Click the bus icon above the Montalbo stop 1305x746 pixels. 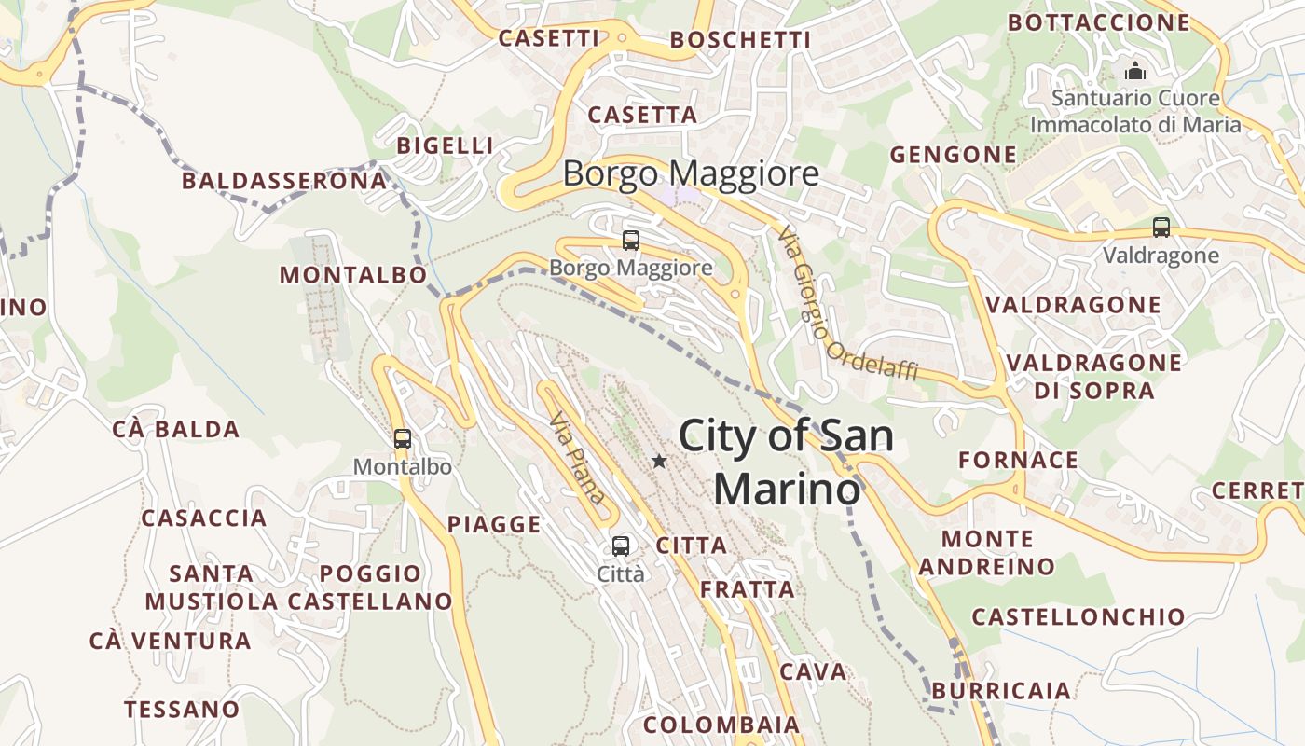(x=402, y=438)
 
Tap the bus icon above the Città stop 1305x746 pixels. (x=621, y=546)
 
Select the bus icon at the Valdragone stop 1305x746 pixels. (x=1161, y=227)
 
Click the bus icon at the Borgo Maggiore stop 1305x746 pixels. (x=631, y=241)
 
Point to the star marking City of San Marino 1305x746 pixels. (x=659, y=461)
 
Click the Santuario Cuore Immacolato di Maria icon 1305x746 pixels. (x=1134, y=71)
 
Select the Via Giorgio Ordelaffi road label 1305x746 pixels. (x=846, y=303)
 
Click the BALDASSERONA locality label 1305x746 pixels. (x=284, y=181)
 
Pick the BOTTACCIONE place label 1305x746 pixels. (x=1099, y=22)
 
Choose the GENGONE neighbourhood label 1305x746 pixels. (x=953, y=155)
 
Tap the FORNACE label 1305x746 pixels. (x=1018, y=460)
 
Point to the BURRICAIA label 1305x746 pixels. (x=1001, y=691)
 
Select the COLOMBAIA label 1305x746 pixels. (x=721, y=725)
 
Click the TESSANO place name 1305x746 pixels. (x=182, y=709)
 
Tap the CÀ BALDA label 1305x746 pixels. (x=176, y=429)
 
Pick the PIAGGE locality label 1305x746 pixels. (x=494, y=524)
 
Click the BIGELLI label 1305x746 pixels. (x=445, y=145)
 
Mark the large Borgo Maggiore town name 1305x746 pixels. (x=691, y=174)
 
